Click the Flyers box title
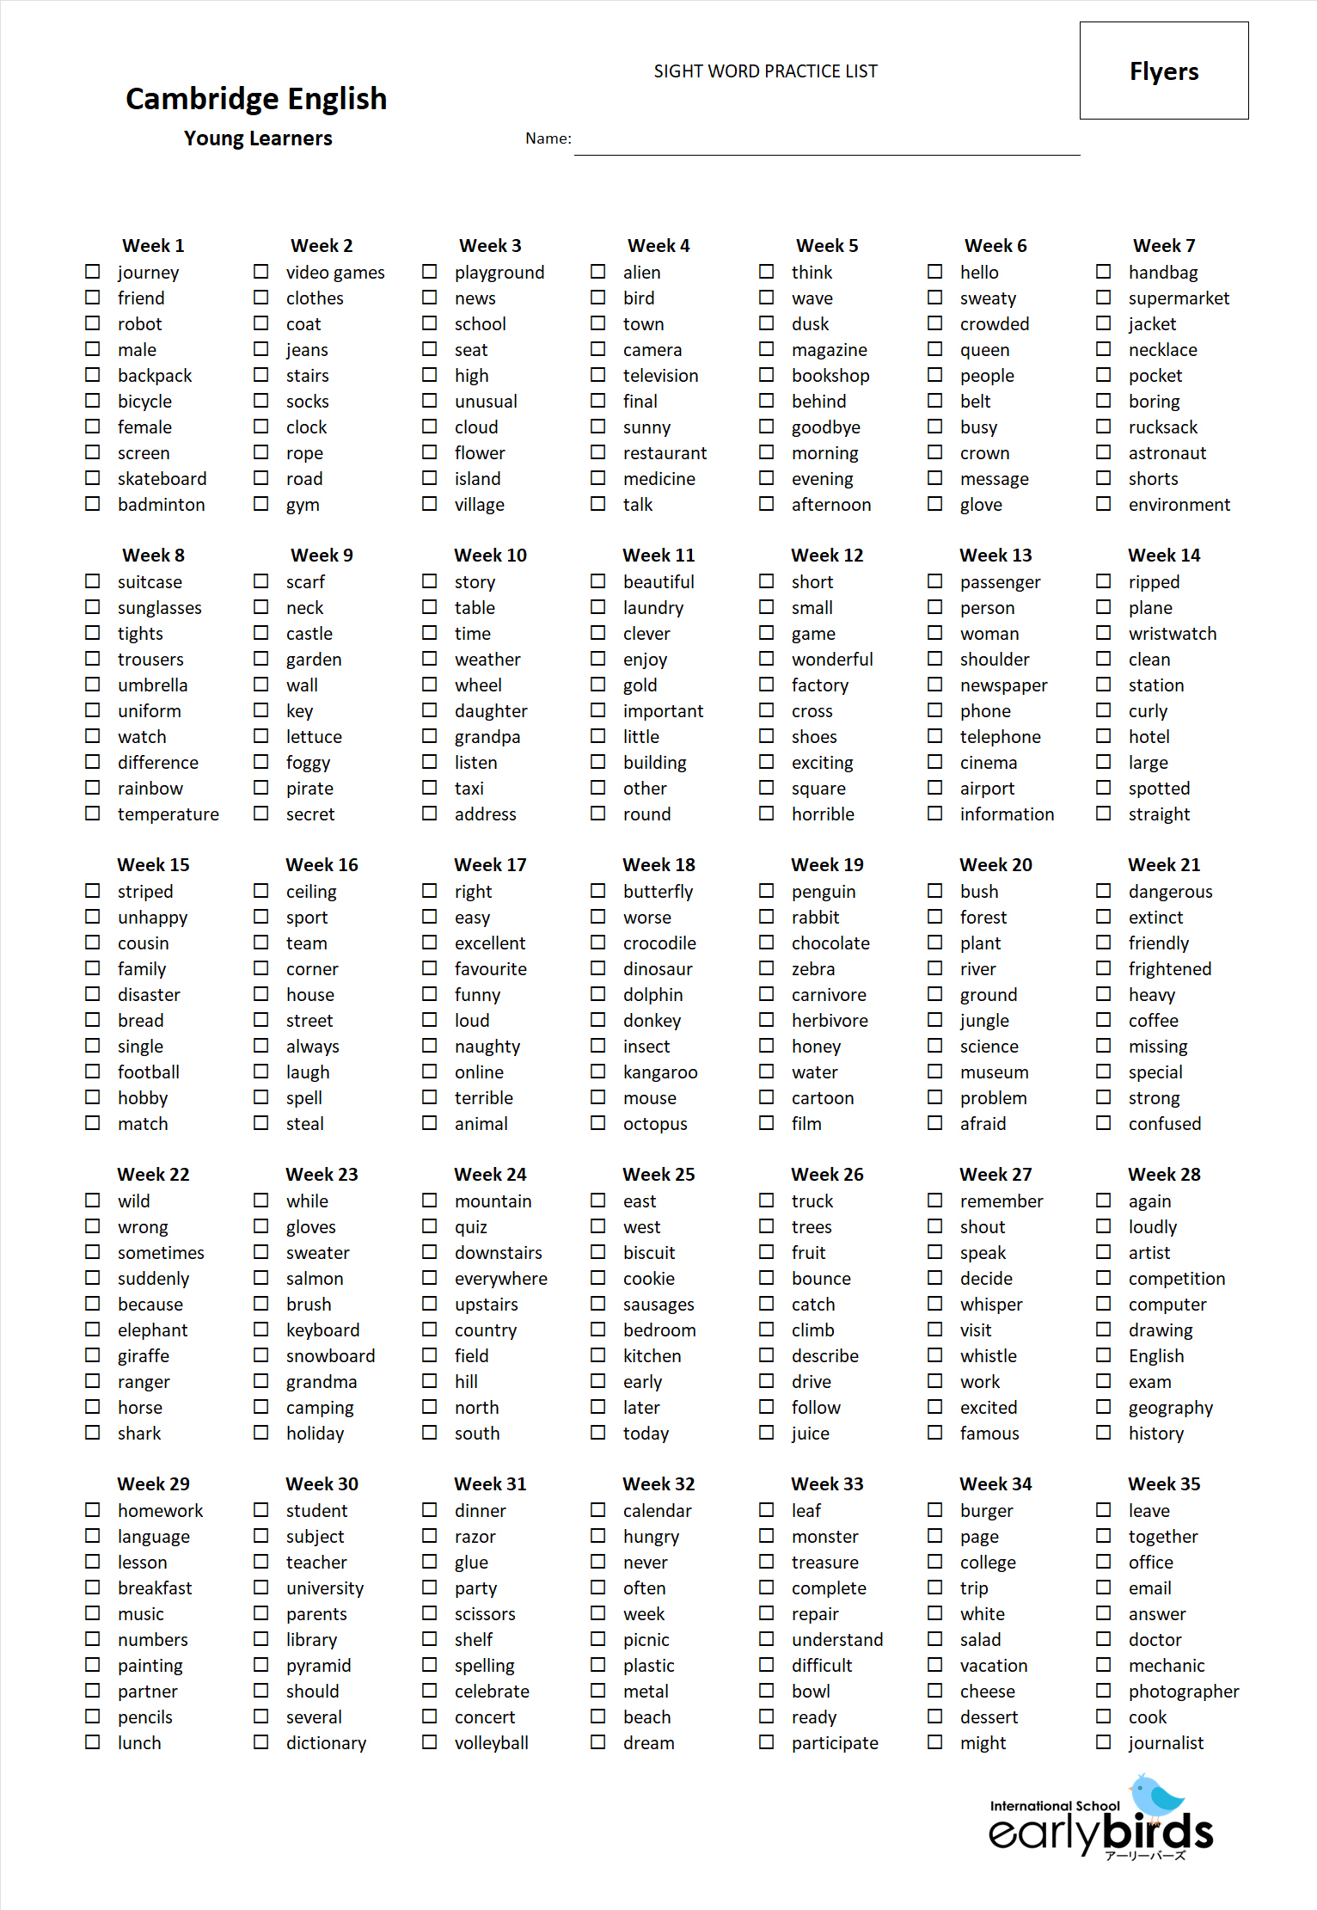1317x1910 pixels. (x=1163, y=71)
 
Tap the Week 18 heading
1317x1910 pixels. (x=658, y=864)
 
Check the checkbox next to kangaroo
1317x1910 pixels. (x=597, y=1071)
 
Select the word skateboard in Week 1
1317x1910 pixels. (x=162, y=479)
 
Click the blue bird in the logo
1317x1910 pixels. (x=1157, y=1796)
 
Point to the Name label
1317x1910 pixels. (x=548, y=138)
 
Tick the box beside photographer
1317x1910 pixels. (x=1103, y=1690)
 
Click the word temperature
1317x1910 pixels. (x=168, y=814)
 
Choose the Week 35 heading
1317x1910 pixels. (x=1164, y=1483)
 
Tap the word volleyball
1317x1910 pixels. (x=491, y=1743)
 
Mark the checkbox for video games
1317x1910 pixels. (x=260, y=271)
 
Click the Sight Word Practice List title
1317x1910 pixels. (x=765, y=71)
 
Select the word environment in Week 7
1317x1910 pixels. (x=1179, y=505)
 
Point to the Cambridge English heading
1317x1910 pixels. (x=256, y=99)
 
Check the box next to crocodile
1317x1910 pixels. (x=597, y=942)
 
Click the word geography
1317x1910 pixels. (x=1170, y=1408)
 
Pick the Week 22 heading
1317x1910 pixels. (x=153, y=1174)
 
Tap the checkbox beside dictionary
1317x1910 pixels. (x=260, y=1741)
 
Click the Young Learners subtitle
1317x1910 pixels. (x=258, y=138)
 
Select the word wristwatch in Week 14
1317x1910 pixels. (x=1172, y=634)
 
